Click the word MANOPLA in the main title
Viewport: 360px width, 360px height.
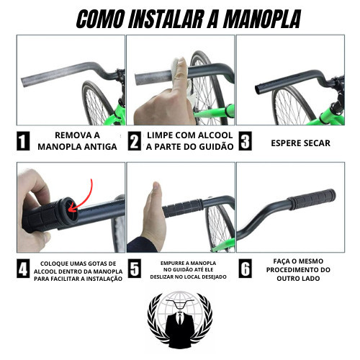[x=262, y=19]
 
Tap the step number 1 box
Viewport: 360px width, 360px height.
[x=23, y=141]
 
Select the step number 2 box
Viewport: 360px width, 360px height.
[x=134, y=141]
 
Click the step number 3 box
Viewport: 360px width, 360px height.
[x=245, y=141]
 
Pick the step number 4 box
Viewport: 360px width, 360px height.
[x=23, y=269]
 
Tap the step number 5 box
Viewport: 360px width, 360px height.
[x=134, y=269]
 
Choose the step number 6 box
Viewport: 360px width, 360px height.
[x=245, y=269]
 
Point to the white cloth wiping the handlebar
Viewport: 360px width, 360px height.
[x=177, y=70]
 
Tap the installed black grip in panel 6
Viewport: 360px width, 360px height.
[x=312, y=199]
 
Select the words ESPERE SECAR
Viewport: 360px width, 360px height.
[x=300, y=143]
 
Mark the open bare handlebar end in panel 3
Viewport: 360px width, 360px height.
[x=258, y=89]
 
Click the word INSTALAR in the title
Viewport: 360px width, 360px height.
[x=166, y=19]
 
